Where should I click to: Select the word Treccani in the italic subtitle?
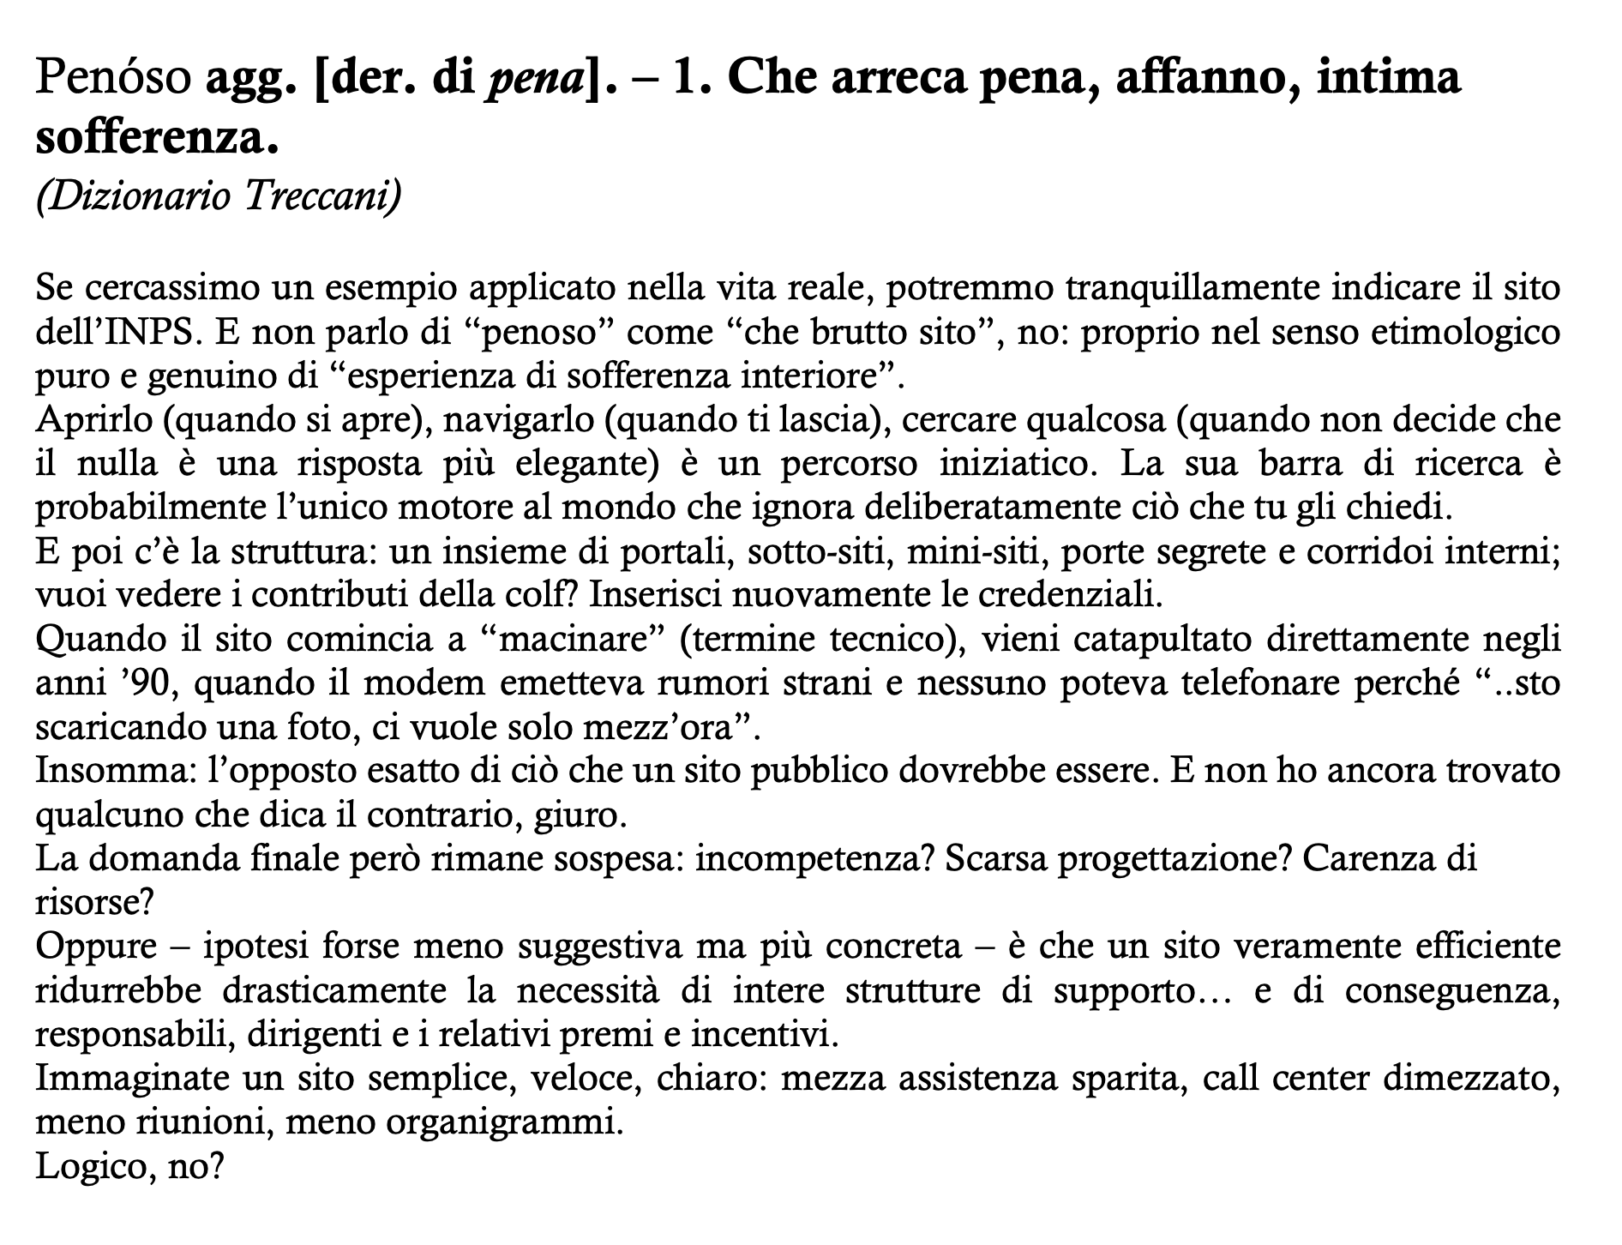pos(322,196)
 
